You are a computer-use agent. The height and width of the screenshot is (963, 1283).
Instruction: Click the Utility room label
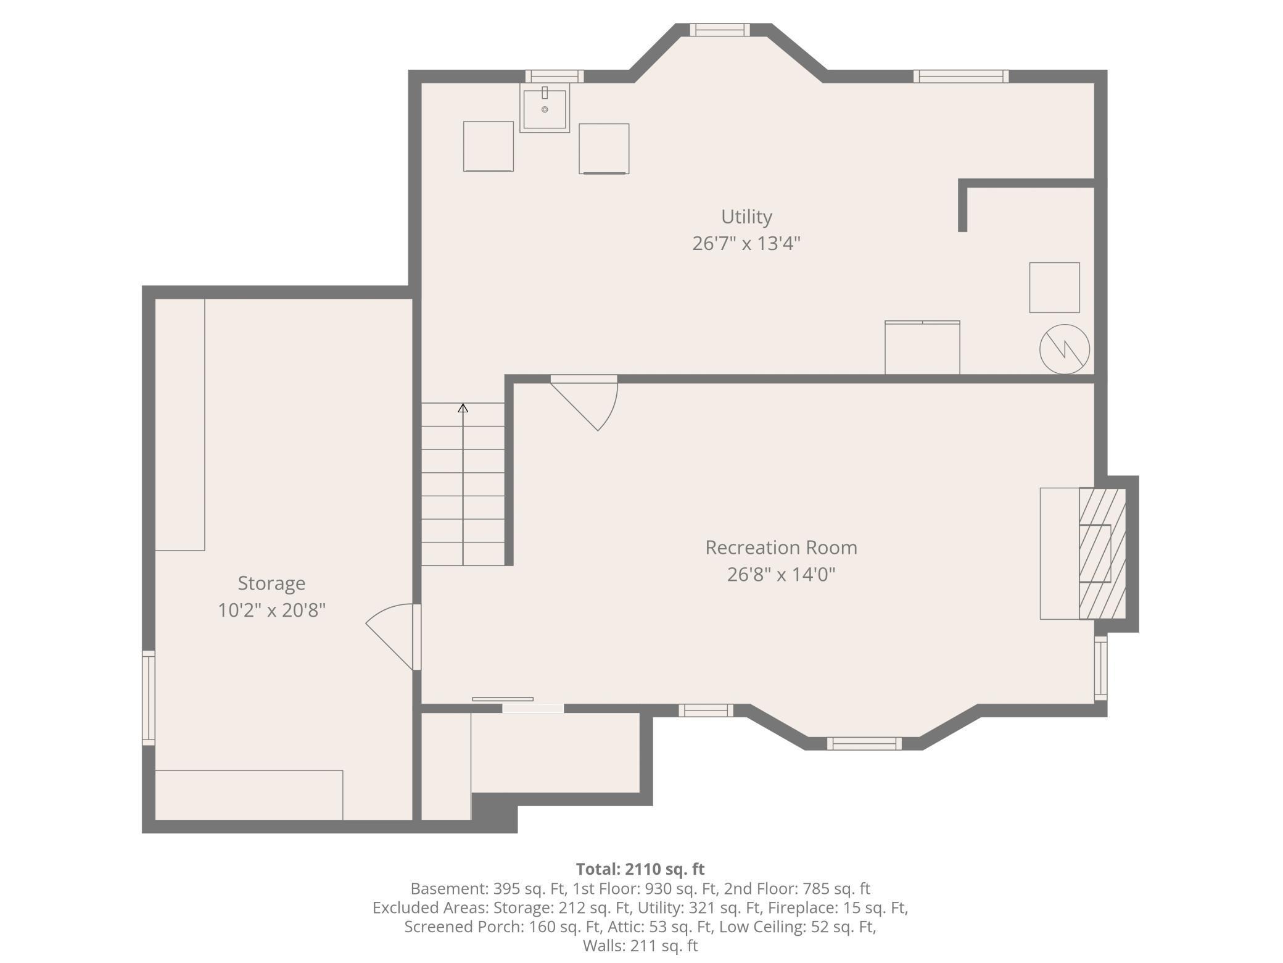746,217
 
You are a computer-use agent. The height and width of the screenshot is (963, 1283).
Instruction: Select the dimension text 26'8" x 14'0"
781,575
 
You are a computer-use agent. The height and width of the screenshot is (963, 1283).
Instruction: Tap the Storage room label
271,583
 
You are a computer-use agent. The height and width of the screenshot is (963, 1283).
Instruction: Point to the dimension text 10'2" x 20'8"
271,611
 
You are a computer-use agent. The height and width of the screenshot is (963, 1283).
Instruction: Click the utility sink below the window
545,109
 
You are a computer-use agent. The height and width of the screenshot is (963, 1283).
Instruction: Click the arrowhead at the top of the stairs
463,408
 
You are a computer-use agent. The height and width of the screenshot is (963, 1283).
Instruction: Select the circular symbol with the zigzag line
1064,349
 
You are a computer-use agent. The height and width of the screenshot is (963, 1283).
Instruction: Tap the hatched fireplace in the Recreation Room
1102,554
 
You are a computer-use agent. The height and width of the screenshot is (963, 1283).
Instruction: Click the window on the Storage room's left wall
149,698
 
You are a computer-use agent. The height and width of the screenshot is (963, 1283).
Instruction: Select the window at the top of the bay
720,30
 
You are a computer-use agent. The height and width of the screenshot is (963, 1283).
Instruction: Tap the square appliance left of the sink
489,146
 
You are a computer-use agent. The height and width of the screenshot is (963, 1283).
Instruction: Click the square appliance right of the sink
604,149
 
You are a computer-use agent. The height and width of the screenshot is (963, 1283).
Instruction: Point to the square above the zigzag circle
1054,288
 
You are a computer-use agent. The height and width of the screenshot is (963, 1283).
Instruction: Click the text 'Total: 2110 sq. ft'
640,869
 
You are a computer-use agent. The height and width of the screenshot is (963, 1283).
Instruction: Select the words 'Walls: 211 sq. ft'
640,946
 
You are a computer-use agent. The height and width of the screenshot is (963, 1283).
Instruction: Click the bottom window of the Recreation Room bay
864,744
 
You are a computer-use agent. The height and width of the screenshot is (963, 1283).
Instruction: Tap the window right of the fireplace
1100,669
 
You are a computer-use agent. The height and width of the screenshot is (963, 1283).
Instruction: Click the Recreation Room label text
781,548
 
